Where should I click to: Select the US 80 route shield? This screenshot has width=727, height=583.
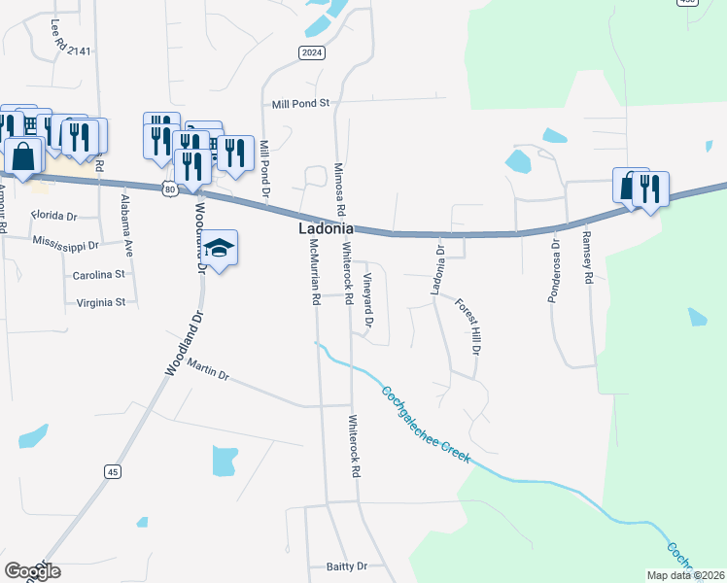point(170,189)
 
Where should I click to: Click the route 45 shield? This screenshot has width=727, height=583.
point(114,471)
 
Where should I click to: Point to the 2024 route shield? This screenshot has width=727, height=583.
point(311,52)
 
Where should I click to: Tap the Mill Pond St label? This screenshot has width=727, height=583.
point(301,102)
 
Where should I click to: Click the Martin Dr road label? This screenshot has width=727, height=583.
point(208,369)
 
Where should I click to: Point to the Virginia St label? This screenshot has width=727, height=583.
point(101,302)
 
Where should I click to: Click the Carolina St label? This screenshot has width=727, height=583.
point(99,275)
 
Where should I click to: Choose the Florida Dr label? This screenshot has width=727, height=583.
point(53,215)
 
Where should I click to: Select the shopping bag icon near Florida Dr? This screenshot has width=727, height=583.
point(23,154)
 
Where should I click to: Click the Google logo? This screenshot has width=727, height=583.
point(31,571)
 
